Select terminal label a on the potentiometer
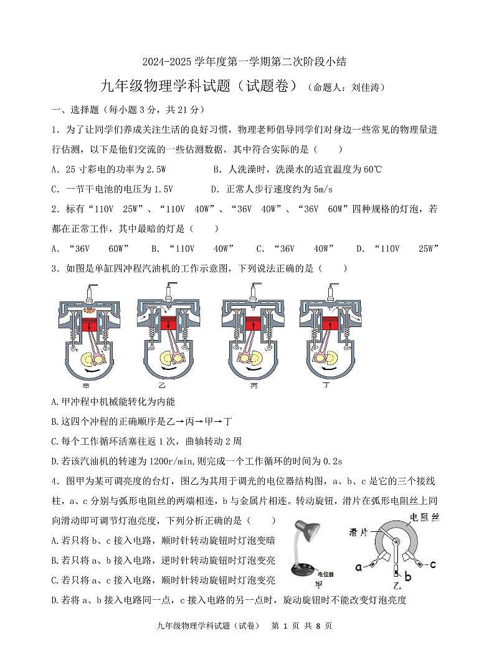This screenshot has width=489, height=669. click(x=358, y=567)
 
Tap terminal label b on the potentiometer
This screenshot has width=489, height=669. click(x=407, y=576)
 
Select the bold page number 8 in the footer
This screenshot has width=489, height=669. click(x=316, y=625)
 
